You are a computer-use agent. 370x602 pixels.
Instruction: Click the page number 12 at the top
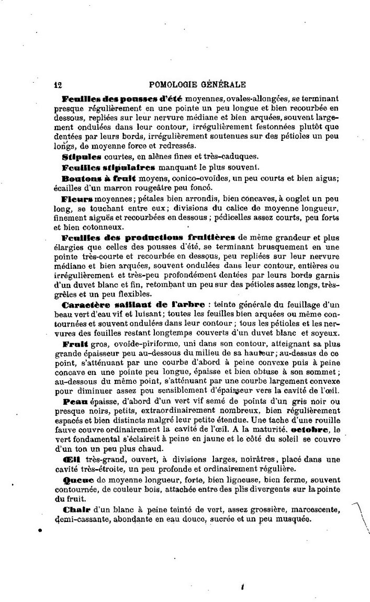point(59,84)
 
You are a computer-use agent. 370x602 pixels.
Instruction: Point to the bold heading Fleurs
point(77,199)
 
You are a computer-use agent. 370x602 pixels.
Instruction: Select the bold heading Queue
point(76,480)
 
